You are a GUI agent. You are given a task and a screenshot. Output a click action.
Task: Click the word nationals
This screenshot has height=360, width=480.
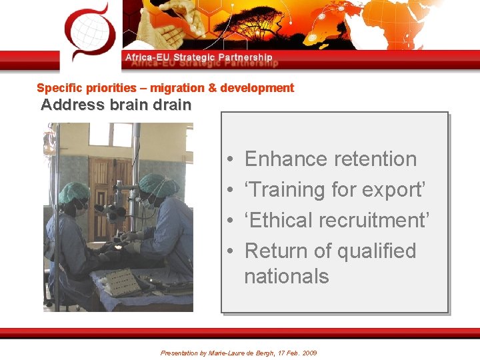click(x=286, y=276)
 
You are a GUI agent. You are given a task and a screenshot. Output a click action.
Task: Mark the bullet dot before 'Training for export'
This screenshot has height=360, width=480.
click(x=229, y=191)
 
